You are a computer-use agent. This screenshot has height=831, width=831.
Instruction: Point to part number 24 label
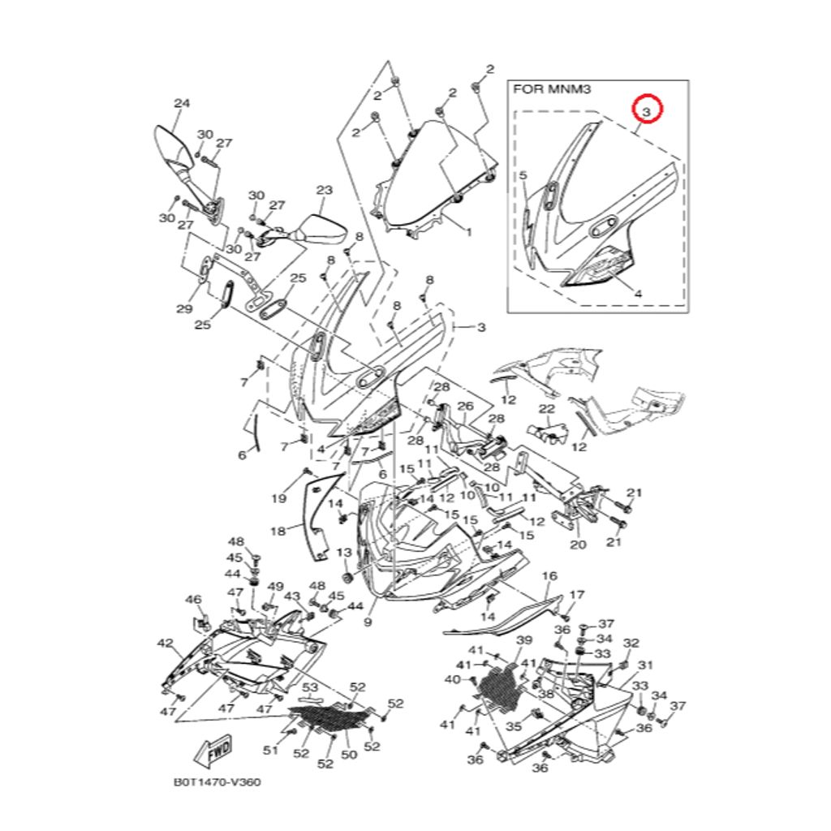click(182, 103)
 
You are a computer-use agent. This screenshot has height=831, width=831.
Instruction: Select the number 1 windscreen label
click(468, 231)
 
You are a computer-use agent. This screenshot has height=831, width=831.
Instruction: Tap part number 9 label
click(367, 622)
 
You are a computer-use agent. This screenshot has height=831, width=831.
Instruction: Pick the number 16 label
click(549, 576)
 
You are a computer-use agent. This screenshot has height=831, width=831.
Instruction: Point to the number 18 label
click(278, 532)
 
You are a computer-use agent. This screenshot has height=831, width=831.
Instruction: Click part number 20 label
click(578, 544)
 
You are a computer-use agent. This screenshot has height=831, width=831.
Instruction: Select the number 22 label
click(547, 409)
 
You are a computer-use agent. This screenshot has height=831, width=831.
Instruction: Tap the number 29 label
click(184, 308)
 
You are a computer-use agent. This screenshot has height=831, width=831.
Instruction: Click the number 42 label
click(166, 644)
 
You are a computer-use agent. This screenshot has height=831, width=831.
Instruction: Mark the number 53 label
click(310, 688)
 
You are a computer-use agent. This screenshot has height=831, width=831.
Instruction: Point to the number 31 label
click(645, 665)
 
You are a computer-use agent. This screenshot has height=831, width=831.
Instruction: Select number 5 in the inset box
click(523, 175)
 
